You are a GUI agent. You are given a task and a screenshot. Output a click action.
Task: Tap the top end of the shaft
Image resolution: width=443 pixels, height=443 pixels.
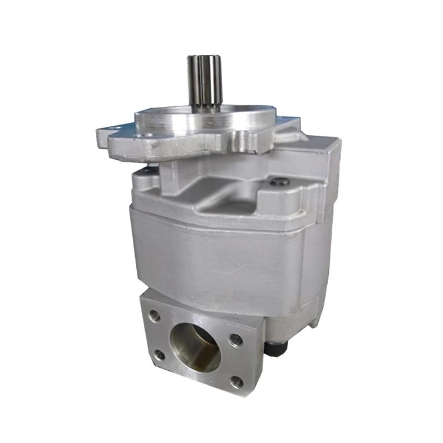pos(204,57)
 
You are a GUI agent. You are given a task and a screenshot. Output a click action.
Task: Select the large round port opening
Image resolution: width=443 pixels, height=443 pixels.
pos(195,347)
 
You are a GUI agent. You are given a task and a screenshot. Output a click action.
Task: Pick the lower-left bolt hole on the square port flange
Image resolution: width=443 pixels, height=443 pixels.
pos(159,354)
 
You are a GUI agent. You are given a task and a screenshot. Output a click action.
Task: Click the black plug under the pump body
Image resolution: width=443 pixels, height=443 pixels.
pos(275,348)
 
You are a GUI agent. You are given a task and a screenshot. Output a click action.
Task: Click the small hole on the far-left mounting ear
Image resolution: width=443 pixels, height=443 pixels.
pos(113,130)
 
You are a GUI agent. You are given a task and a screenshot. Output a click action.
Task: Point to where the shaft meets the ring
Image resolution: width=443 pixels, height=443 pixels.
pos(205,107)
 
